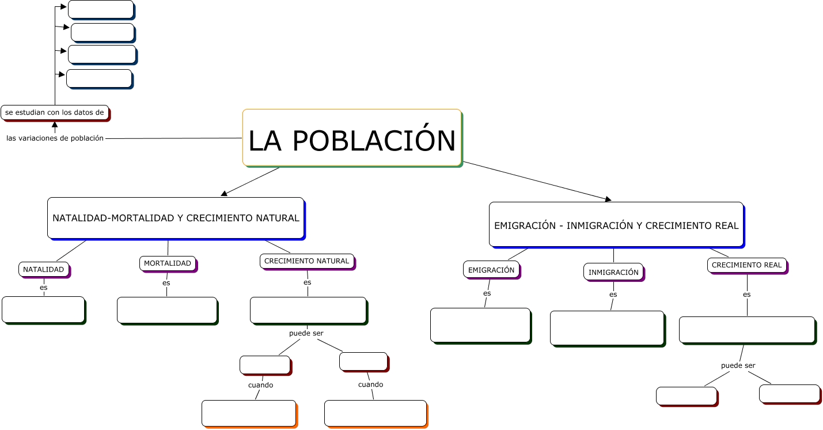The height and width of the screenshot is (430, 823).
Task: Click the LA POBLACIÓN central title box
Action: [x=352, y=138]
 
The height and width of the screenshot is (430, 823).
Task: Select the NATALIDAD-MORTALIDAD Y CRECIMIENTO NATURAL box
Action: [x=176, y=218]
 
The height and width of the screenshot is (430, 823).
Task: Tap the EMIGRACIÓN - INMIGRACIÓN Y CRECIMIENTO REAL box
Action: [x=616, y=225]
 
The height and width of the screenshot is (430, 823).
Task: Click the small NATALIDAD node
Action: [x=44, y=269]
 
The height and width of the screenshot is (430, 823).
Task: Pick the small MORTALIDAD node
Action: [x=168, y=263]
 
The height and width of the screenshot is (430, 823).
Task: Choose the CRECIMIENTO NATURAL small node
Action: [x=306, y=261]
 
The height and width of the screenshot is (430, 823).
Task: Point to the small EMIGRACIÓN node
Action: [x=491, y=270]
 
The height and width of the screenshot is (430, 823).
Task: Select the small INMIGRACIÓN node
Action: [x=613, y=272]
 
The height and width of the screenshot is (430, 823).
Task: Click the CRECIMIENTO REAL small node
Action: [x=747, y=265]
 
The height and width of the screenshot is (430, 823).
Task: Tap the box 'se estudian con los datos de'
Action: [x=55, y=112]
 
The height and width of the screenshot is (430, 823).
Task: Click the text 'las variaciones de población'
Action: [x=55, y=138]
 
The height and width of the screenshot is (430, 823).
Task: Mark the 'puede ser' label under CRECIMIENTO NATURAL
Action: [x=306, y=333]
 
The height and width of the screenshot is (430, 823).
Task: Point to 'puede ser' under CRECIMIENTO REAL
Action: [x=738, y=365]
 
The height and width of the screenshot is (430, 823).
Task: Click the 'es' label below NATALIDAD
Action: [x=44, y=287]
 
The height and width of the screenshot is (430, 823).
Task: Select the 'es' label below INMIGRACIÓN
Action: [x=613, y=295]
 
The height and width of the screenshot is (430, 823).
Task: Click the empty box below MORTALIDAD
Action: [x=167, y=310]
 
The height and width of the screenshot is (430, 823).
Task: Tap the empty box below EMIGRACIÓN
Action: [x=480, y=325]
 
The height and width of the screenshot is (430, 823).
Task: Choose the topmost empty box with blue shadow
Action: [x=101, y=9]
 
